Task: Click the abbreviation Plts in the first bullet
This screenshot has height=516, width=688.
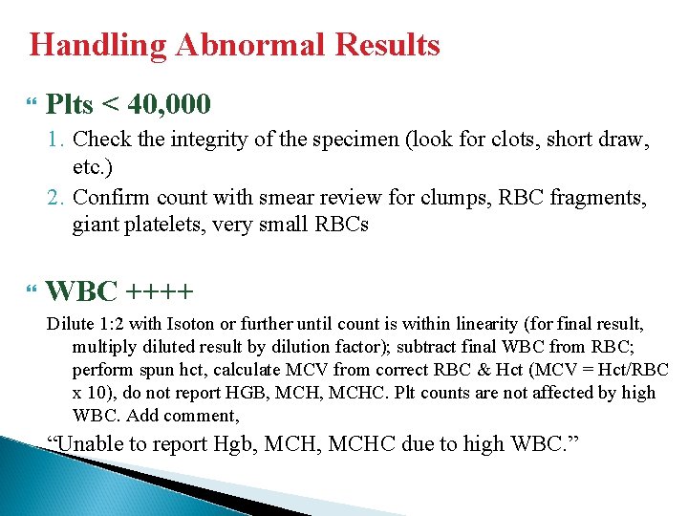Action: tap(71, 102)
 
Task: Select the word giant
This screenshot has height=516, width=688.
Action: tap(94, 226)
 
